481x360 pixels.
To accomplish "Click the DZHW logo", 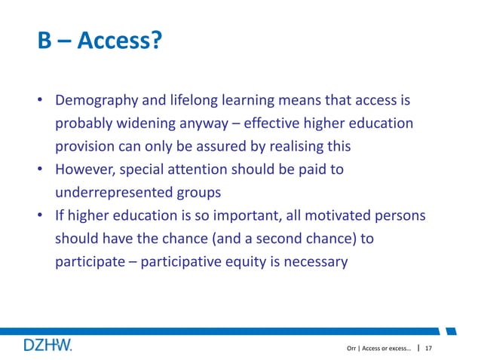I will click(47, 345).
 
